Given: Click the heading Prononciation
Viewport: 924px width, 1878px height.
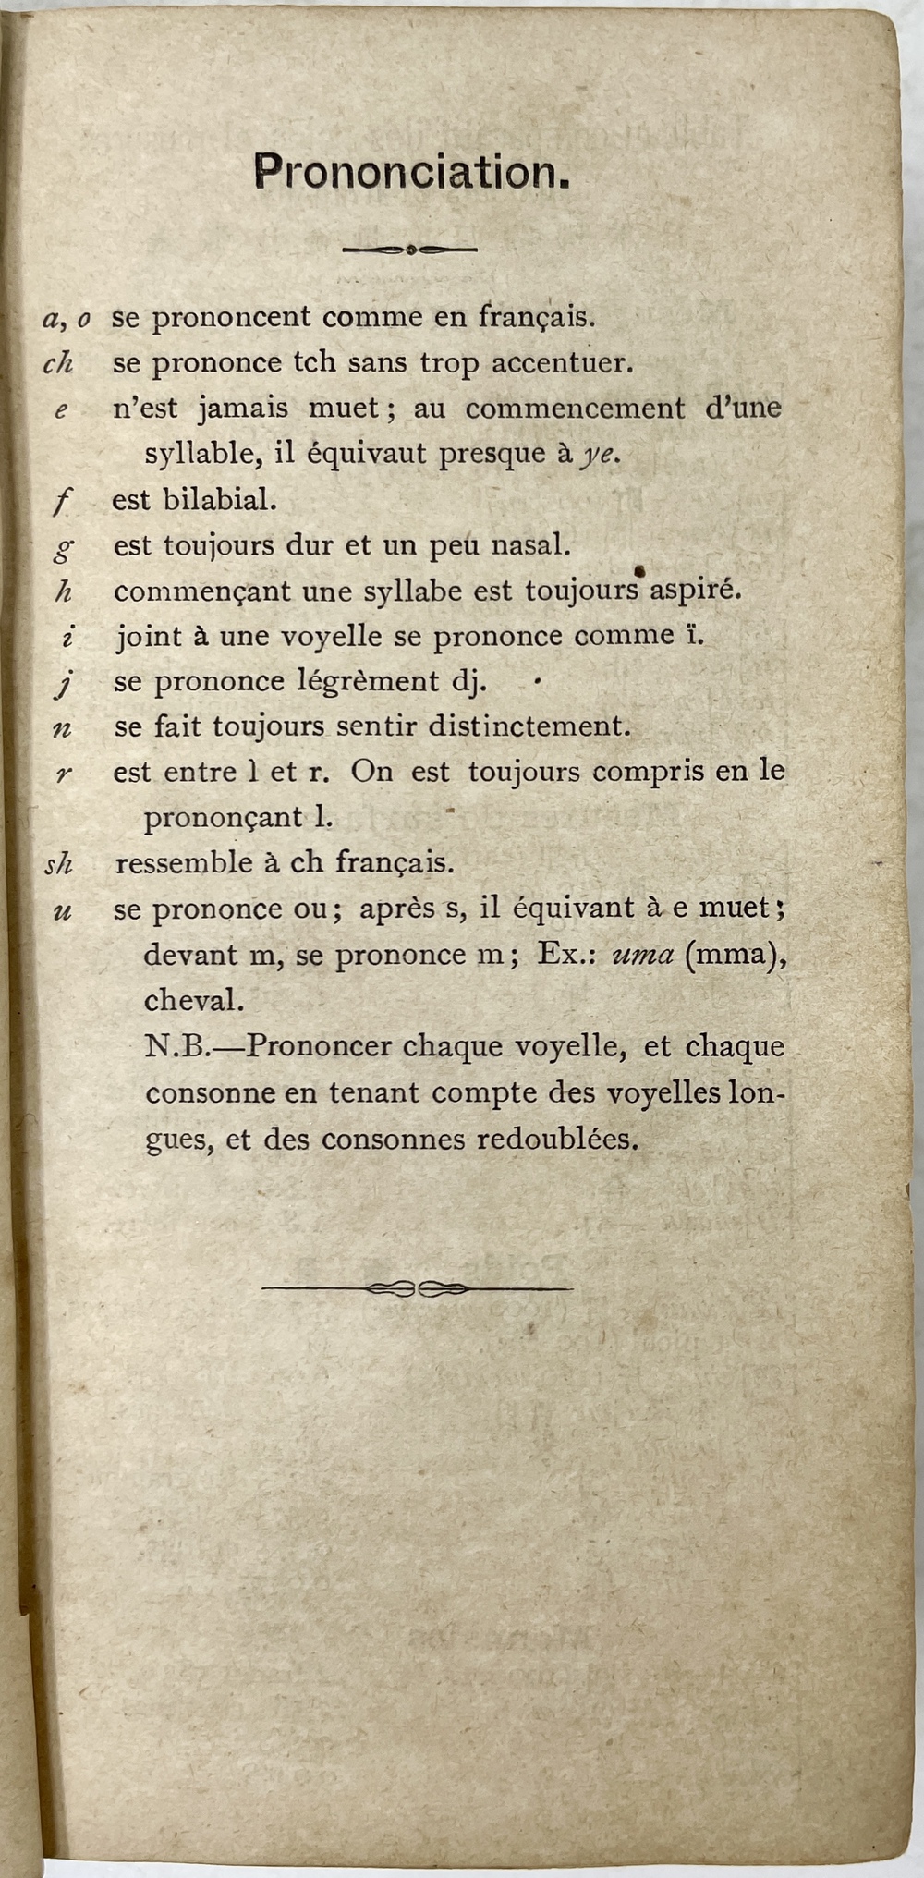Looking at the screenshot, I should tap(411, 173).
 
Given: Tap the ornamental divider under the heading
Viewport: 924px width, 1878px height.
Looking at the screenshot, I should tap(409, 249).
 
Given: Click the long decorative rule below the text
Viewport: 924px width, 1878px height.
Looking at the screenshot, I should tap(417, 1288).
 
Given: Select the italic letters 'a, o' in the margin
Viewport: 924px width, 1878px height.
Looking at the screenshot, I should tap(67, 319).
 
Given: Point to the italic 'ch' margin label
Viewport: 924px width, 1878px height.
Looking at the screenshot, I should tap(57, 363).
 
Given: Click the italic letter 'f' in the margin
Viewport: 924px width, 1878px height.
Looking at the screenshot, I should tap(62, 502).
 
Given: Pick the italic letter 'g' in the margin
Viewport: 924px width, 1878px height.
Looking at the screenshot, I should tap(63, 548).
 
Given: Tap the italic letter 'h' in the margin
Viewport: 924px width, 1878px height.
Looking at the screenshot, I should tap(63, 591).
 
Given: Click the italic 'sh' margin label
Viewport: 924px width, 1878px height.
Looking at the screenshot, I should tap(58, 864).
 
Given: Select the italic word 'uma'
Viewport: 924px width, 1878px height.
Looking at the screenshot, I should tap(643, 955).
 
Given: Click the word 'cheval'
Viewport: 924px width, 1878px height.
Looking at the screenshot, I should tap(192, 1000).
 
